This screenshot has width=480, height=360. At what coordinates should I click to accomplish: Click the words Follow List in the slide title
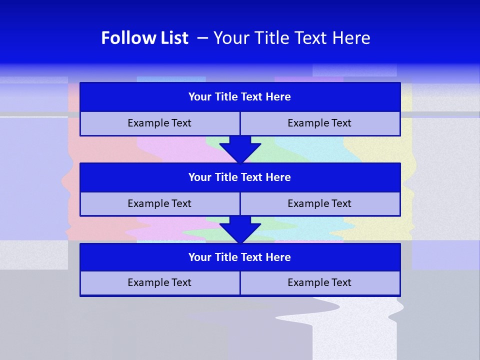tap(144, 38)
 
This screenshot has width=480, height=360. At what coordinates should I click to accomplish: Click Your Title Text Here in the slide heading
tap(291, 38)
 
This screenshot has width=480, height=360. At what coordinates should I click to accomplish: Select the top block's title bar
tap(240, 97)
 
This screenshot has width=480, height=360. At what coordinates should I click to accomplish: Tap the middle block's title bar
tap(240, 177)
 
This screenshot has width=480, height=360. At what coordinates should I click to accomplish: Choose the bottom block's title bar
tap(240, 257)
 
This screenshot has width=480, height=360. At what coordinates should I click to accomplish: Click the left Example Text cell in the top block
tap(159, 123)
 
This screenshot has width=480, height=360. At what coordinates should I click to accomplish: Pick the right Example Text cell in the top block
tap(319, 123)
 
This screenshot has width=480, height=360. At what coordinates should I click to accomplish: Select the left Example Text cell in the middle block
tap(159, 204)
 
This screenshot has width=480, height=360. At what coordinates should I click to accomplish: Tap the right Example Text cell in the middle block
tap(319, 204)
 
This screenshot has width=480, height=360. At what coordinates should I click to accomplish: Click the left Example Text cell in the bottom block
tap(159, 283)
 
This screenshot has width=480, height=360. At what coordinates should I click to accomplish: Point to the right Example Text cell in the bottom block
tap(319, 283)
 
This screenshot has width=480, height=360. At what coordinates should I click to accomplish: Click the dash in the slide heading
tap(202, 38)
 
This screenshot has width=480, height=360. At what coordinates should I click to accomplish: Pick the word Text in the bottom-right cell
tap(340, 283)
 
